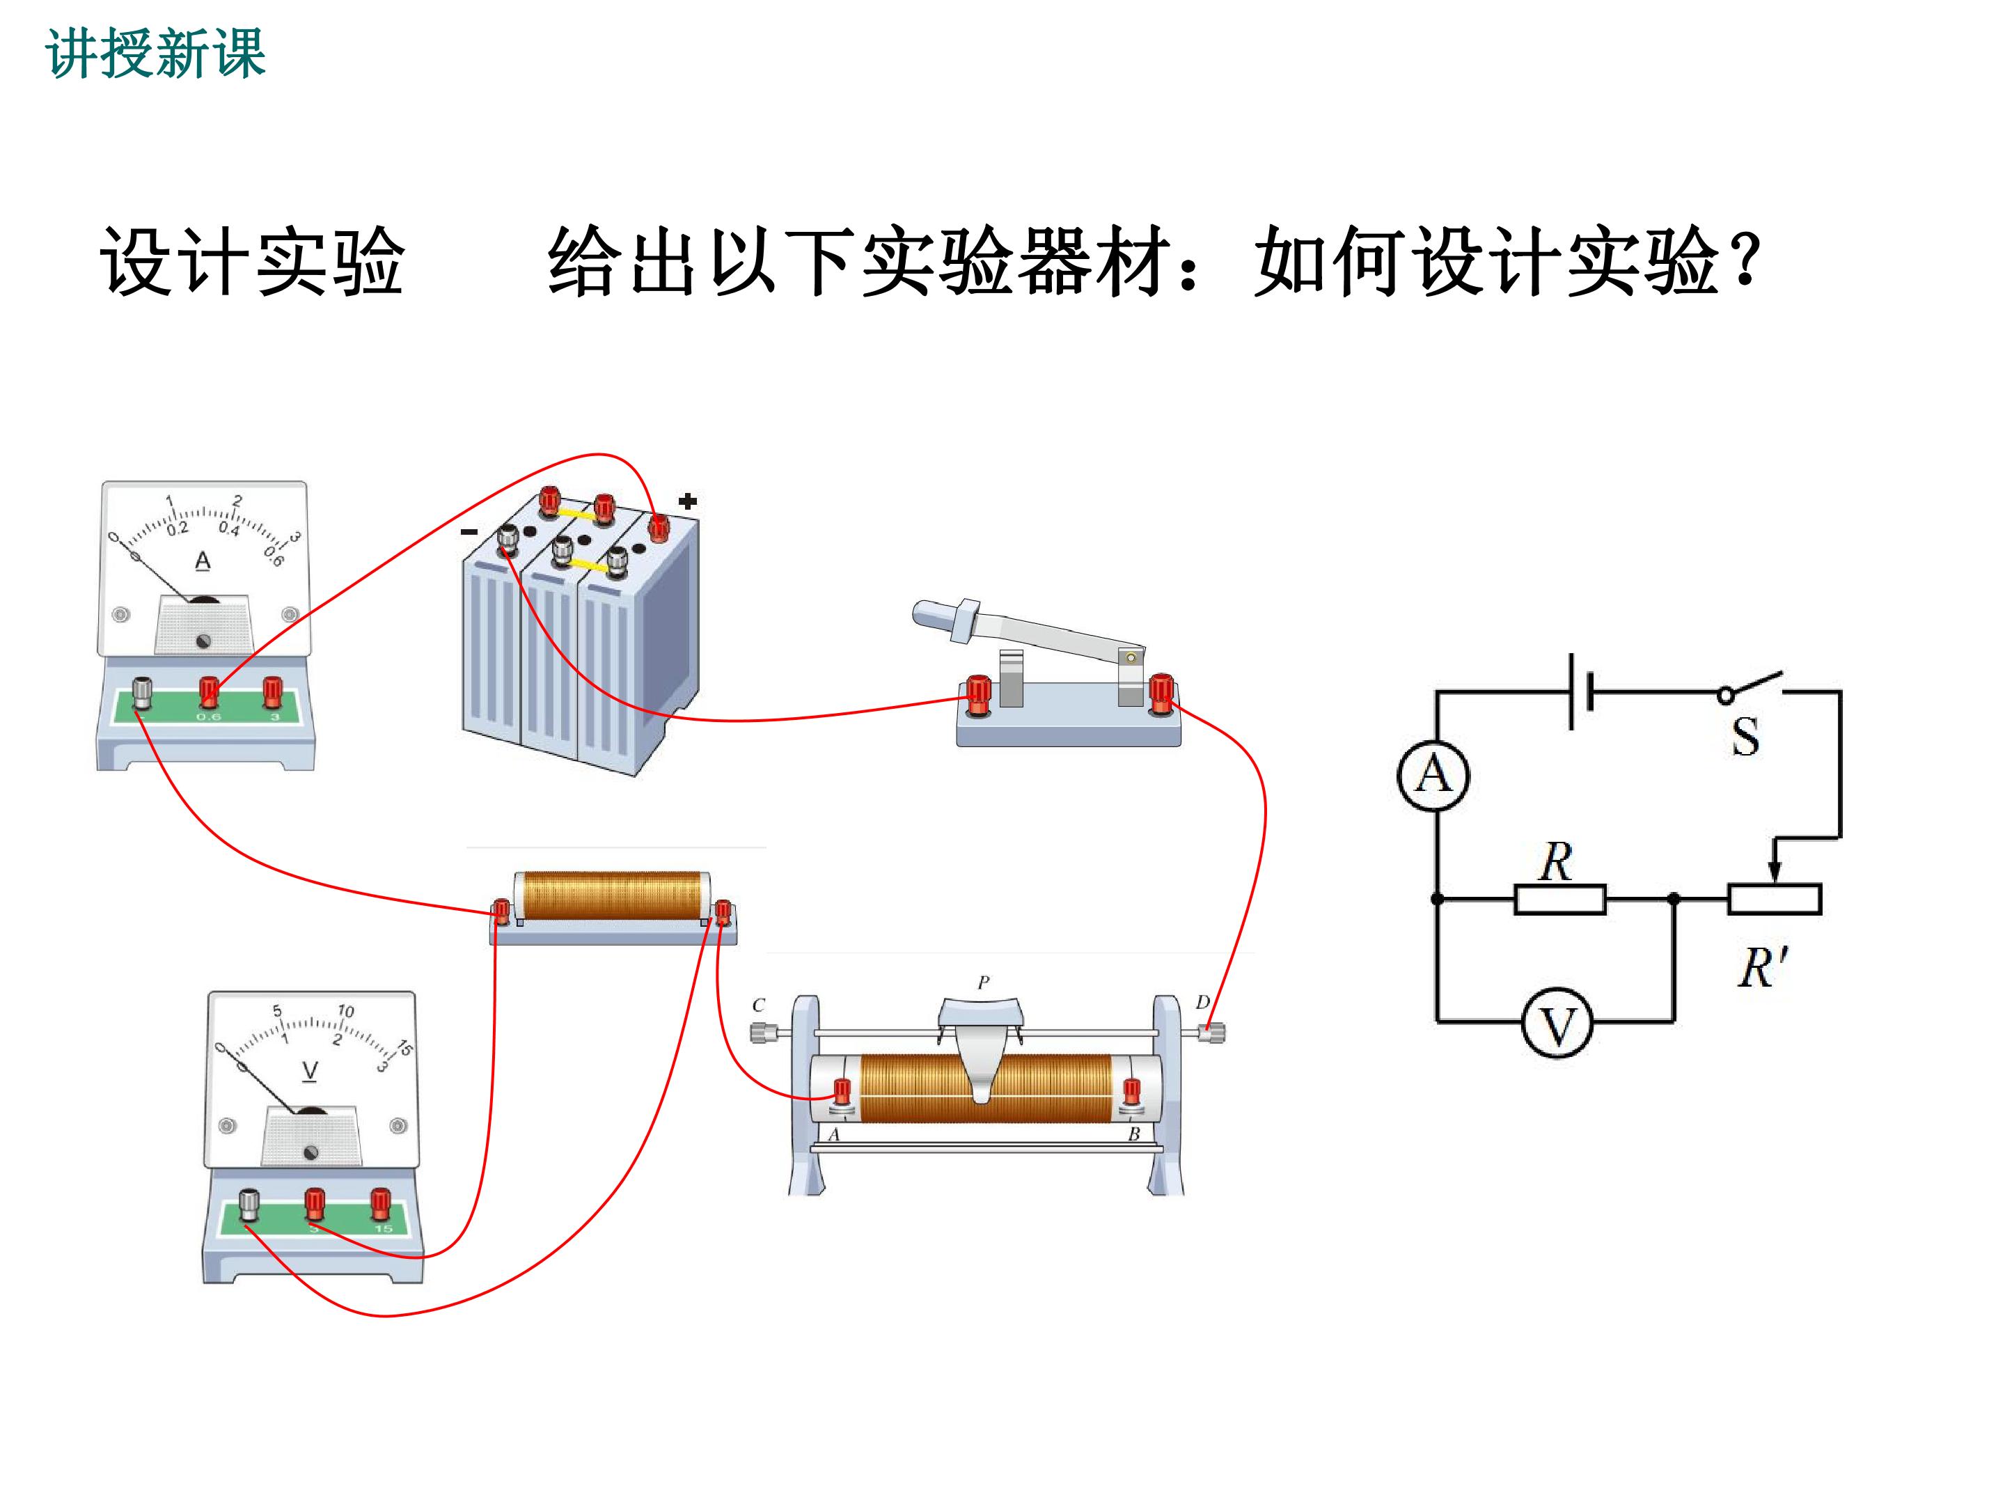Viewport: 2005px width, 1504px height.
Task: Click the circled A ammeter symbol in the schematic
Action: (1433, 775)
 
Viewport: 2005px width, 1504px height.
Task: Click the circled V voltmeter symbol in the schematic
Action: (1557, 1024)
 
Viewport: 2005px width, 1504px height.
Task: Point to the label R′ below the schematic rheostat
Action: (1762, 967)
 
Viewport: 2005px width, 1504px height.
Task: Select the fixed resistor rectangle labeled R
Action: (1560, 900)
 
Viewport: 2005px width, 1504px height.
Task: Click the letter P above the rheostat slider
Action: (984, 982)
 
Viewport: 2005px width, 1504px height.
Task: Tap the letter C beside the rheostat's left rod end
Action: (759, 1005)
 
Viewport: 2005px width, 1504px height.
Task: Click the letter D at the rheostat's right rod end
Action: (1203, 1002)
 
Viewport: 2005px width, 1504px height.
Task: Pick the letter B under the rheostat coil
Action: (1134, 1134)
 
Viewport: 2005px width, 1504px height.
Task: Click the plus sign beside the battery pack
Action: (688, 501)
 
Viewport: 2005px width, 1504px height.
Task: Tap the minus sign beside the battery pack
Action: (469, 531)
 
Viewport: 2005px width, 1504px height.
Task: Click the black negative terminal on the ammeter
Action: (142, 694)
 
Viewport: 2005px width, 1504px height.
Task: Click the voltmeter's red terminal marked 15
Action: (381, 1204)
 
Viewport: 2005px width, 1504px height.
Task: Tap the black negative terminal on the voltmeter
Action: (249, 1205)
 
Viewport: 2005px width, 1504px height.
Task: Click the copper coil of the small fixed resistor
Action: (613, 895)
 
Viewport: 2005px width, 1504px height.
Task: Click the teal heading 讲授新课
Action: (155, 54)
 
